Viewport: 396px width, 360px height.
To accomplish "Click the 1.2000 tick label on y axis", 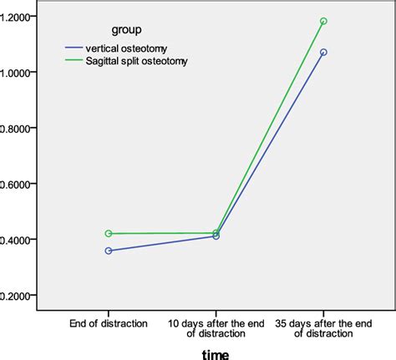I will click(16, 17).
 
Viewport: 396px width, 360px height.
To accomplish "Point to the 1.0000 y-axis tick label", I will click(16, 73).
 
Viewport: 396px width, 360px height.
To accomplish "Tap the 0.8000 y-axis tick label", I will click(16, 128).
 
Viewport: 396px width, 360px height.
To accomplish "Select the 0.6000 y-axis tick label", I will click(16, 184).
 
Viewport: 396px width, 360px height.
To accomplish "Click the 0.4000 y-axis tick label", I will click(16, 240).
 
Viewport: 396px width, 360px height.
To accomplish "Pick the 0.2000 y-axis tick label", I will click(16, 296).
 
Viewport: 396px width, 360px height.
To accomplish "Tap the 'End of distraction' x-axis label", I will click(109, 322).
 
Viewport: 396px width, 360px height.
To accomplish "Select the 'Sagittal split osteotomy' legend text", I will click(140, 61).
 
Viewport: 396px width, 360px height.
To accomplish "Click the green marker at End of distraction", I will click(109, 234).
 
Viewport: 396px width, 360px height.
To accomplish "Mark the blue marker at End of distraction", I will click(109, 251).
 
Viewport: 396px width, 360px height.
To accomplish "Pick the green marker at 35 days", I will click(323, 22).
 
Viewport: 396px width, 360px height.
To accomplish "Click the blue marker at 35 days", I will click(323, 53).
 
